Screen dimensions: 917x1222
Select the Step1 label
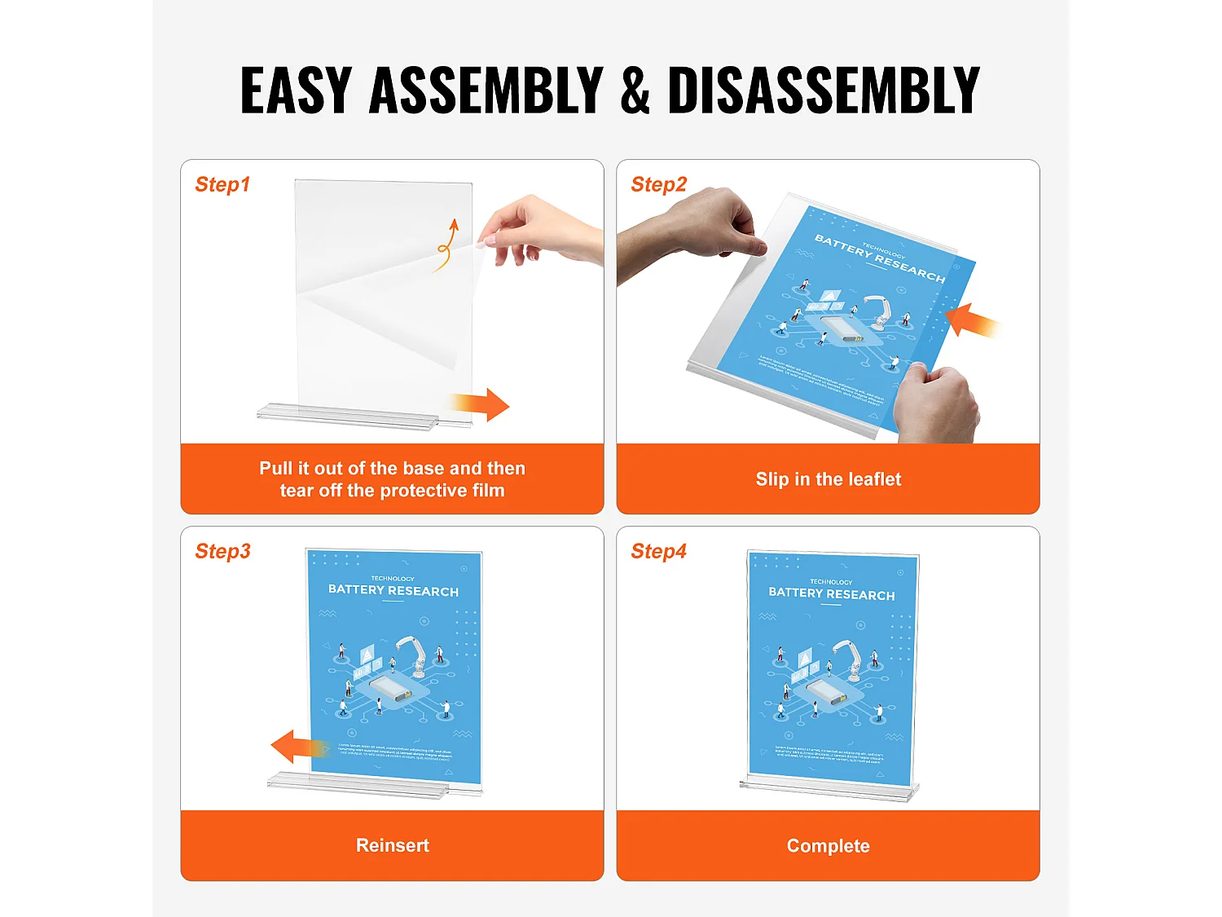coord(222,185)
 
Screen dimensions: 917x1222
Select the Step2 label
coord(658,185)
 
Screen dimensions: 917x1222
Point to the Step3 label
coord(222,552)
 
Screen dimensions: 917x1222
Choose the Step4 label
coord(658,552)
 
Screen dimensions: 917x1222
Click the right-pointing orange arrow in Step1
coord(480,404)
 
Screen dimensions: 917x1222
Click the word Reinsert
coord(392,845)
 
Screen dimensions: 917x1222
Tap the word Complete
coord(828,846)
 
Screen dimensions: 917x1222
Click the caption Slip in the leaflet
coord(828,479)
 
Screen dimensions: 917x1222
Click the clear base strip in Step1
coord(350,415)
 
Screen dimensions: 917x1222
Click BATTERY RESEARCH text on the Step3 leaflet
coord(393,590)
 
